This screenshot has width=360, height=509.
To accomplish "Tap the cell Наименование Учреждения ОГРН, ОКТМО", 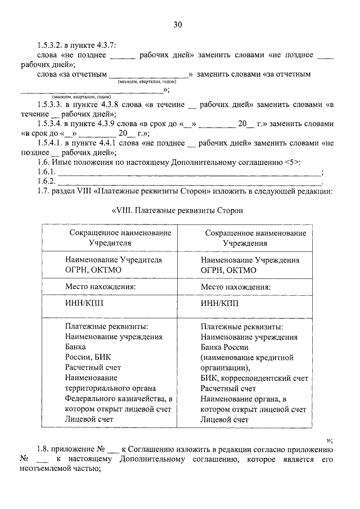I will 250,265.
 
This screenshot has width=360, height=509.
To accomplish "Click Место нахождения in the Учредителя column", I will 101,286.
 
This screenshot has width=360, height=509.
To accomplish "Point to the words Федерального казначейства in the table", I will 110,399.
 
